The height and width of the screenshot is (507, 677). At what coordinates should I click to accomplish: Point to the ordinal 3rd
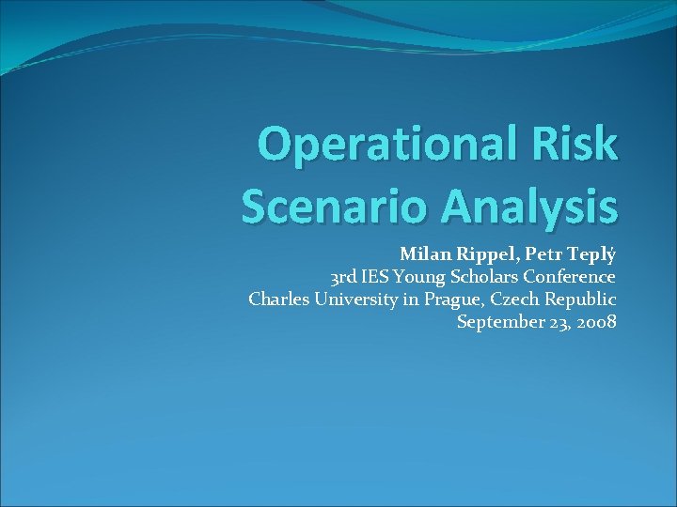[x=343, y=277]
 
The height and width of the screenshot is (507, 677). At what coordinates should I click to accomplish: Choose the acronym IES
[x=375, y=277]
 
